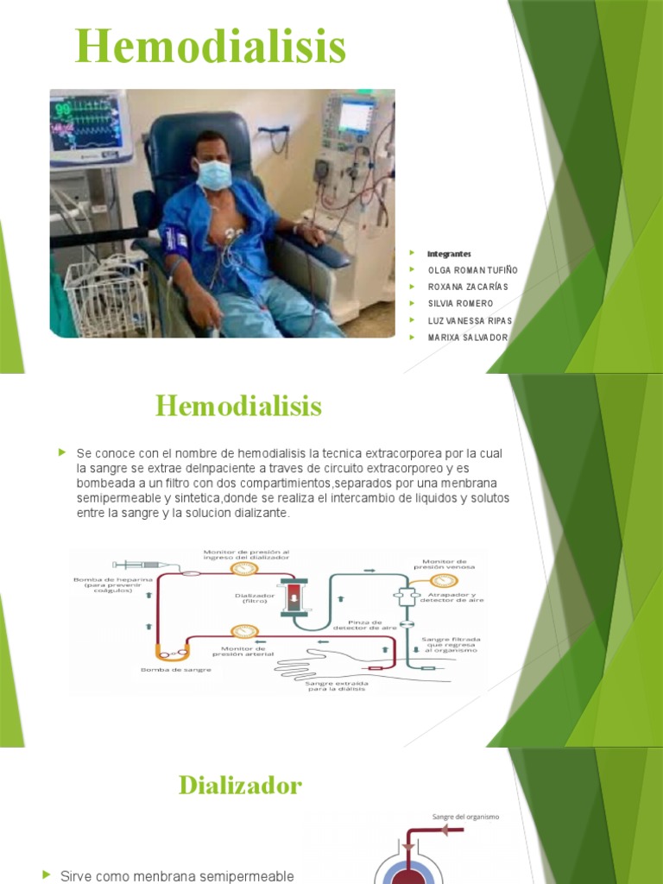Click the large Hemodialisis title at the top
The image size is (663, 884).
[210, 47]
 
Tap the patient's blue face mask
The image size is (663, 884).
[213, 174]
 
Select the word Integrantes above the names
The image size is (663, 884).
[449, 254]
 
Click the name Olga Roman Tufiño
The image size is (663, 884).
[473, 270]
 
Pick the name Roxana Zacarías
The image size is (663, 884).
[468, 287]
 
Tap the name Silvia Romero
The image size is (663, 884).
[460, 303]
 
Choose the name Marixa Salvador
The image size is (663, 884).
[468, 337]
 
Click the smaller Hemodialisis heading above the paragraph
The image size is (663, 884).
[238, 406]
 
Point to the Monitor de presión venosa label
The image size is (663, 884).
[444, 564]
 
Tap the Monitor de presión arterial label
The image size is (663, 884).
[248, 651]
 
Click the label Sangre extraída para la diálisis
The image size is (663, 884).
[337, 685]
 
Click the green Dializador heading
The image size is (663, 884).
[240, 785]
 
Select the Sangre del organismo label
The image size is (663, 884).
[465, 816]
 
